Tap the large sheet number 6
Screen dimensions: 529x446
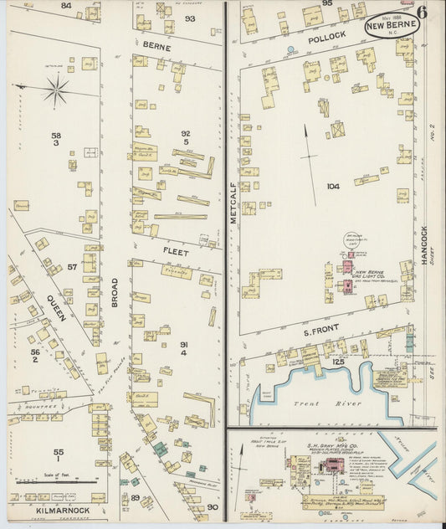[x=423, y=12]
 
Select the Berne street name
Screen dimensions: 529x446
[x=156, y=48]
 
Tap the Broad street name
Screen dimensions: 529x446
[x=115, y=292]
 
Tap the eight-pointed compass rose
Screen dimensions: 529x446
[x=56, y=90]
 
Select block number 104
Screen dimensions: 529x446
[x=333, y=187]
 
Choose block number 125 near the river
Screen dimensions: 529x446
[x=337, y=361]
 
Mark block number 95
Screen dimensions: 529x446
[x=326, y=4]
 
